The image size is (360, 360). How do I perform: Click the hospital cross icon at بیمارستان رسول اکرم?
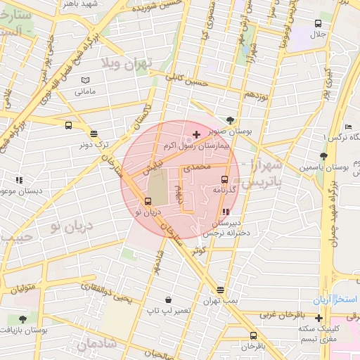195,134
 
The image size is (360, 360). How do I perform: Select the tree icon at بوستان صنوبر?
231,120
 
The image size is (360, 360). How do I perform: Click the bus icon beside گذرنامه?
224,179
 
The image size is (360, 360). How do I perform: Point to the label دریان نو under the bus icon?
147,212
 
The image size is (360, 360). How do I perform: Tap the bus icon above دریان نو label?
147,202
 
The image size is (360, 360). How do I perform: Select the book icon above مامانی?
85,80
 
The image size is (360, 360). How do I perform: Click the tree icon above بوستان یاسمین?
323,156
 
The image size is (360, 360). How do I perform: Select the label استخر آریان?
336,300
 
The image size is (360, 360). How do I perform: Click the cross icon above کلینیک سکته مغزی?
319,318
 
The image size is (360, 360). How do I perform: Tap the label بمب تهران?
221,300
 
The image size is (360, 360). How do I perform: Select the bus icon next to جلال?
318,24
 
